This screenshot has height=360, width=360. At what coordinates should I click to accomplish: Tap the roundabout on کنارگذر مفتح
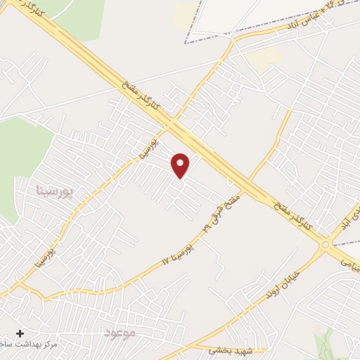tap(325, 244)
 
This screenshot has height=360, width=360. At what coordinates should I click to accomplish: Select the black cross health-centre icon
tap(20, 333)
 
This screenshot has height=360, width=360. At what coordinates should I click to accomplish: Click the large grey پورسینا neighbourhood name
tap(54, 191)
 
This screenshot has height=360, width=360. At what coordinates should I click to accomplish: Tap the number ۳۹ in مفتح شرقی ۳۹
tap(206, 226)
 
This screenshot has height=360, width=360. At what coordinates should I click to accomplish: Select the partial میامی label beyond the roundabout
tap(349, 259)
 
